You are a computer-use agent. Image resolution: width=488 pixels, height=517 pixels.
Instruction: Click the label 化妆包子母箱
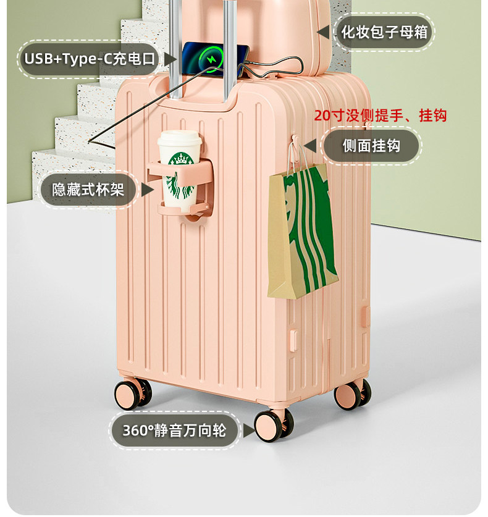pyautogui.click(x=384, y=32)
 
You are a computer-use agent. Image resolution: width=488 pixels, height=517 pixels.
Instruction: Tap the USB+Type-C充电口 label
pyautogui.click(x=90, y=59)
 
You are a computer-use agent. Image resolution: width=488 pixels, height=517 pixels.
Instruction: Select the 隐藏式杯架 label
pyautogui.click(x=88, y=190)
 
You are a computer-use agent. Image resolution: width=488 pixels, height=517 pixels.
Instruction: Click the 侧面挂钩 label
pyautogui.click(x=371, y=146)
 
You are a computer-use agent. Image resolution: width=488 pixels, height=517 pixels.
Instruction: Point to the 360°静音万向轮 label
pyautogui.click(x=174, y=430)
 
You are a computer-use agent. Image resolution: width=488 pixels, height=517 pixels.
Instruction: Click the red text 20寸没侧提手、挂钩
pyautogui.click(x=380, y=116)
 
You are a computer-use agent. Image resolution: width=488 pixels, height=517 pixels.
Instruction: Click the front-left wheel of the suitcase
pyautogui.click(x=132, y=393)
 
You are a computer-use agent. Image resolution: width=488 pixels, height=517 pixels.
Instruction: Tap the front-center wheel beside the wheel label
pyautogui.click(x=272, y=424)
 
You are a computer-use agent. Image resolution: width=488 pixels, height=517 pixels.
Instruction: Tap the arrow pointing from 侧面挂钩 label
pyautogui.click(x=311, y=146)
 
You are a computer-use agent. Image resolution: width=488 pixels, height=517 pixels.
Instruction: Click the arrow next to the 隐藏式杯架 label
pyautogui.click(x=147, y=190)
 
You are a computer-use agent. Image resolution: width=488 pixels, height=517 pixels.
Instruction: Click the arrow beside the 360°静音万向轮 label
pyautogui.click(x=246, y=431)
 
